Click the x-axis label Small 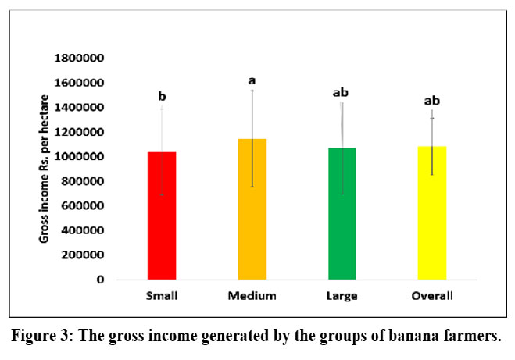pos(162,296)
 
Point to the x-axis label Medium pos(252,296)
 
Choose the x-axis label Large pos(342,296)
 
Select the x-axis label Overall pos(431,296)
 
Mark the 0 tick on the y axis pos(99,280)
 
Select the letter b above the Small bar pos(163,97)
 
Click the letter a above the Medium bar pos(252,80)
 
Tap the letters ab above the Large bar pos(341,93)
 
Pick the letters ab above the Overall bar pos(431,101)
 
